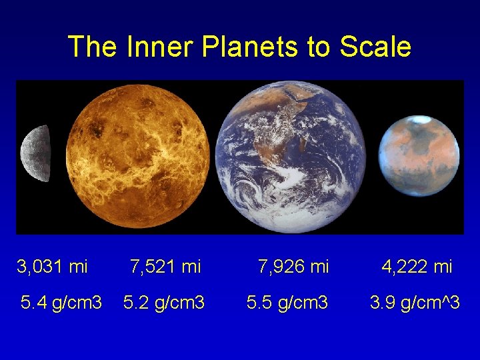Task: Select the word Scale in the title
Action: pyautogui.click(x=375, y=47)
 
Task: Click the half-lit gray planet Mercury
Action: pyautogui.click(x=37, y=153)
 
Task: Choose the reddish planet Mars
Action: pyautogui.click(x=419, y=157)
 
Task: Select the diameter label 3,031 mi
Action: pyautogui.click(x=52, y=267)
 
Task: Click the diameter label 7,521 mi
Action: pyautogui.click(x=165, y=267)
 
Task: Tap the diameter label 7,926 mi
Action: pyautogui.click(x=293, y=267)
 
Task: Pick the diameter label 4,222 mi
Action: pyautogui.click(x=417, y=267)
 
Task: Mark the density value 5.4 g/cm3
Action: pyautogui.click(x=61, y=303)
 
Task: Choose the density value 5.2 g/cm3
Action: pyautogui.click(x=165, y=303)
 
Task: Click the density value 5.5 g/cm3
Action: pyautogui.click(x=287, y=303)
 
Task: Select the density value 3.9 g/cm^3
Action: pyautogui.click(x=415, y=303)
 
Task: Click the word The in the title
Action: pyautogui.click(x=91, y=47)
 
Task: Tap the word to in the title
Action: pyautogui.click(x=319, y=47)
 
